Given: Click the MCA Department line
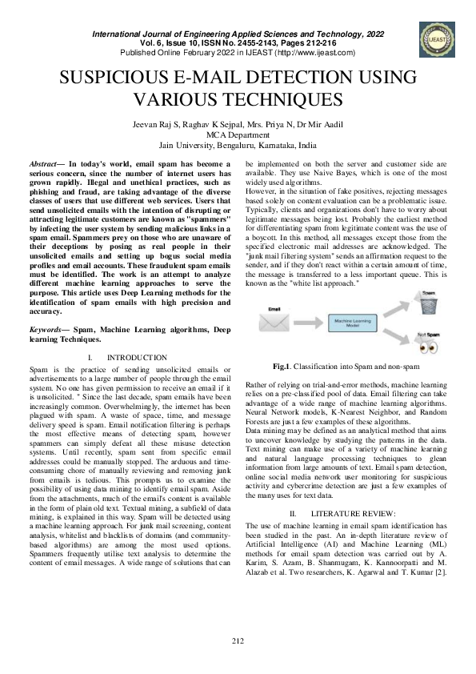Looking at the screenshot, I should (237, 135).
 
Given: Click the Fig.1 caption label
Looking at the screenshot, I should (281, 366).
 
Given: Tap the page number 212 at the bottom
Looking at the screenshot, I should (238, 640).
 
